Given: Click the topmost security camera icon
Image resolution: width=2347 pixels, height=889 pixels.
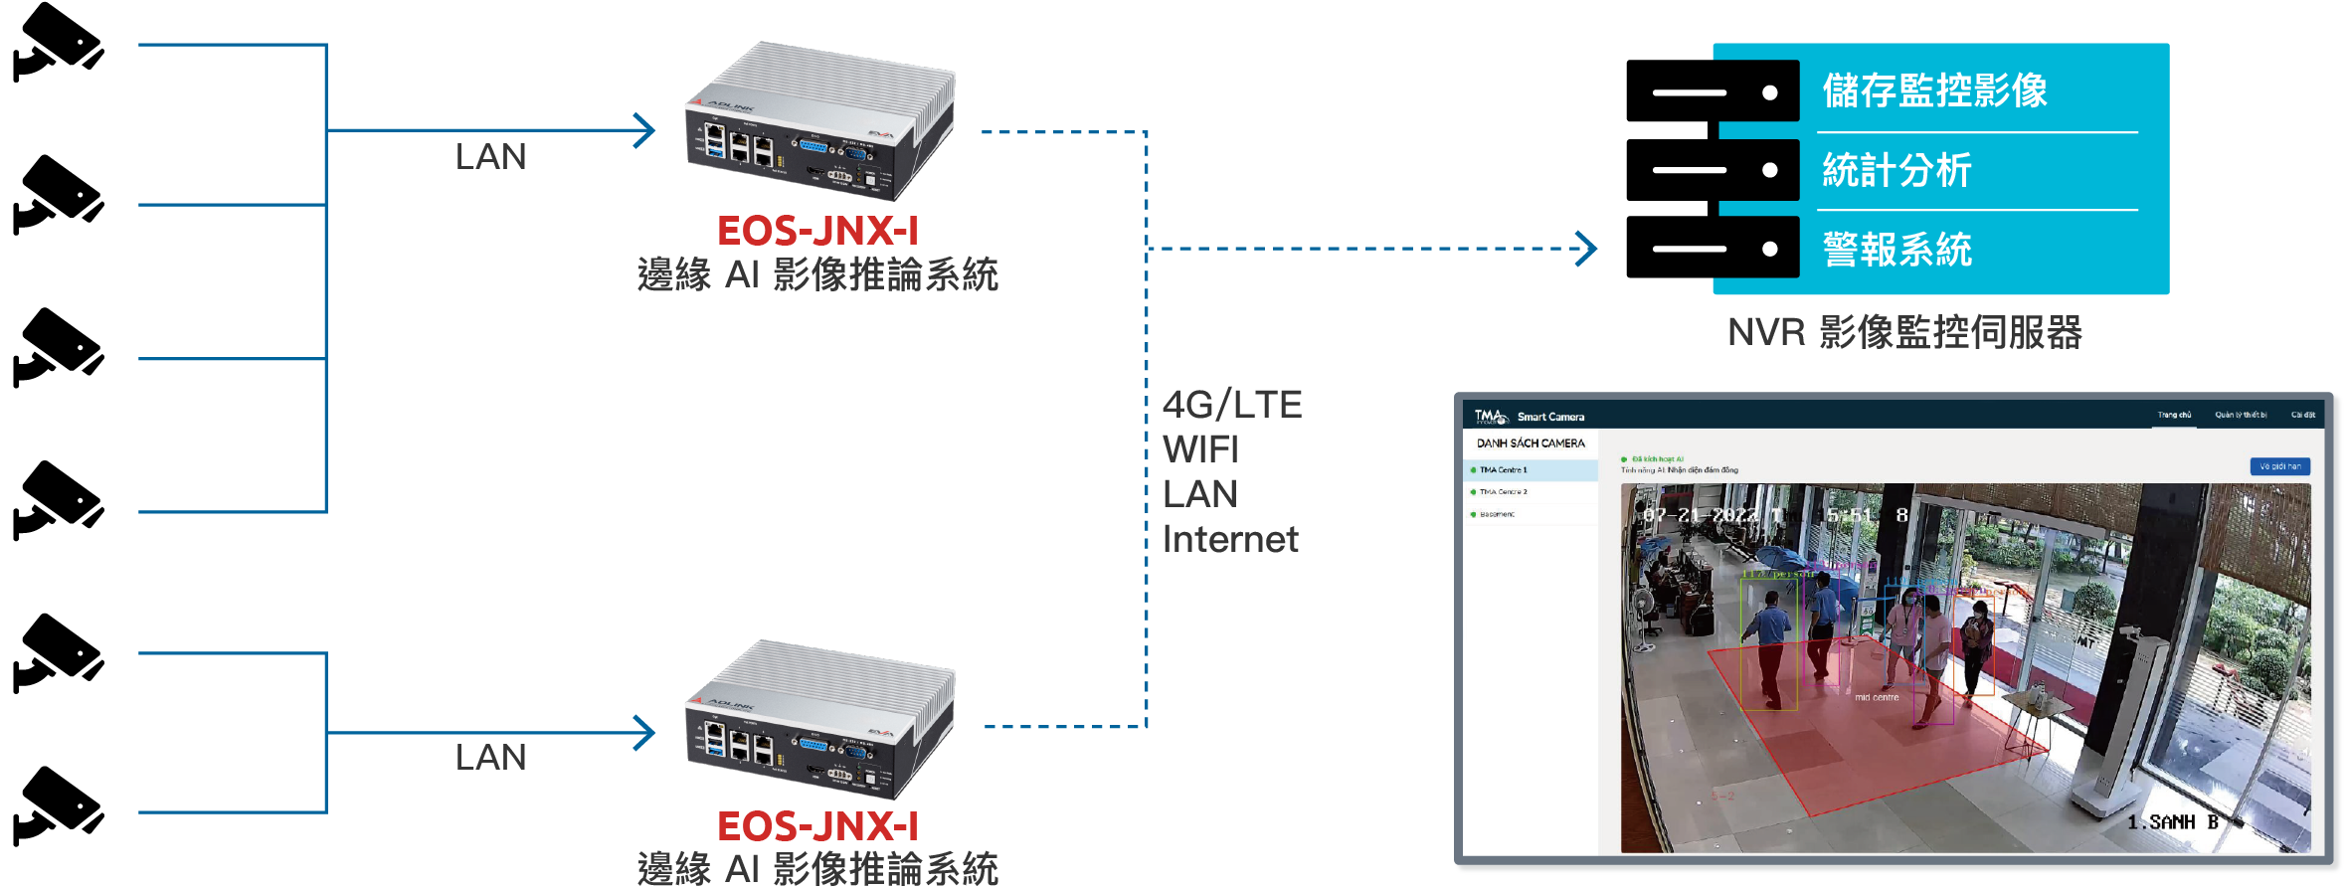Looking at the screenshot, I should tap(58, 42).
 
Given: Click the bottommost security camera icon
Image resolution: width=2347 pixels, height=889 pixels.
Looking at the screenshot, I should tap(58, 805).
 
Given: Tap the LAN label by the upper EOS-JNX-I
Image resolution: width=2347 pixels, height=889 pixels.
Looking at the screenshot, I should tap(490, 157).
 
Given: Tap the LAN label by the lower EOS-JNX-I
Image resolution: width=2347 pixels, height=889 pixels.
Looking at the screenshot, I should tap(490, 758).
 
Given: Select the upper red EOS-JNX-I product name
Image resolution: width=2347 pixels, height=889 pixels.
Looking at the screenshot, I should tap(817, 231).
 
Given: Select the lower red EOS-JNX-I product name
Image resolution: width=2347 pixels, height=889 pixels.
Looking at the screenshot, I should tap(817, 826).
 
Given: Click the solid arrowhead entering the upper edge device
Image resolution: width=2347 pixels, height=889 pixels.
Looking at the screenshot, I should tap(646, 130).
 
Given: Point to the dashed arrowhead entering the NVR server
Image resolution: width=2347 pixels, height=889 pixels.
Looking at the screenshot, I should tap(1587, 249).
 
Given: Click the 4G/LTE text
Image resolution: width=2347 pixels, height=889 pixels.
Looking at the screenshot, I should tap(1231, 405).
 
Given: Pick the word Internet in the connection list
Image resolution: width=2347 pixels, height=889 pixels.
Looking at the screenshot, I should tap(1230, 539).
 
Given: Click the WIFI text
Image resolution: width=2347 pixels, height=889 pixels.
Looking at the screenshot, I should tap(1200, 449).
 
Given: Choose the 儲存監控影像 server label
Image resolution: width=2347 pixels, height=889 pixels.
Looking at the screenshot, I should tap(1934, 90).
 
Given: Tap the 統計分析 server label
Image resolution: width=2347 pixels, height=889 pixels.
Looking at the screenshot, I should tap(1896, 170).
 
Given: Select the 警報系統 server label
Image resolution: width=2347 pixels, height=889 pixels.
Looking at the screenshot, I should tap(1896, 250).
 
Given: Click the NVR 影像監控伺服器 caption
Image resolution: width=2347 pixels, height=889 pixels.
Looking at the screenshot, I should tap(1904, 332).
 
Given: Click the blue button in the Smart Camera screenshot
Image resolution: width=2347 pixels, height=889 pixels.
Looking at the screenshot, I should tap(2279, 466).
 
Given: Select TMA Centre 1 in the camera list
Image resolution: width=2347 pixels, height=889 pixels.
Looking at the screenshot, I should tap(1503, 470).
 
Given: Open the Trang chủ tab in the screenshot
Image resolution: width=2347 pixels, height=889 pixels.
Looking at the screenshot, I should tap(2174, 415).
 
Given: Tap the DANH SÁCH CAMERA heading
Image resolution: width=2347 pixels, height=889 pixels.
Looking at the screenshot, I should tap(1531, 444).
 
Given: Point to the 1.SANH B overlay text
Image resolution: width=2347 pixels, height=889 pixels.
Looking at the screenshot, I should tap(2172, 822).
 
